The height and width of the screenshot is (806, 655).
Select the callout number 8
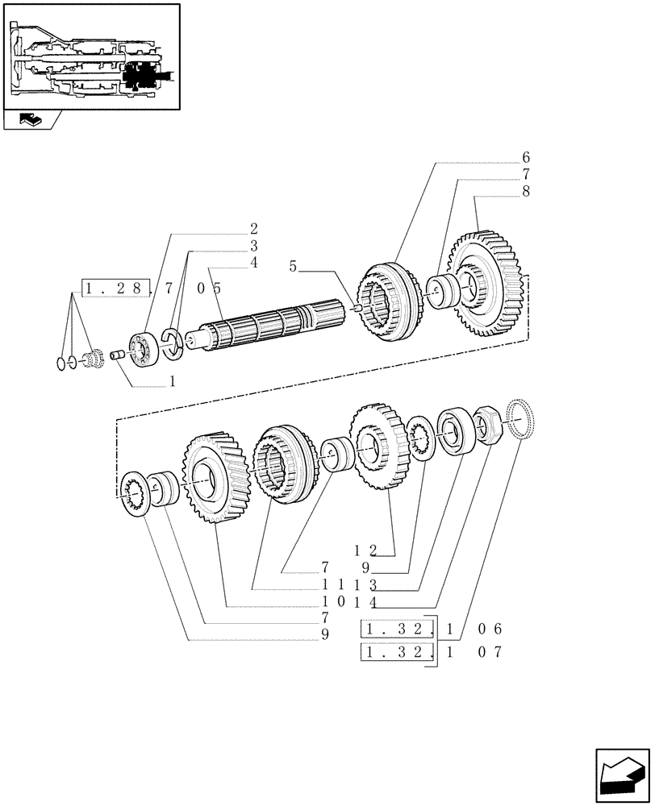click(x=526, y=192)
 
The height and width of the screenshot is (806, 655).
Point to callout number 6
click(x=526, y=156)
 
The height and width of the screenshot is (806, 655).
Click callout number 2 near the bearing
click(x=253, y=228)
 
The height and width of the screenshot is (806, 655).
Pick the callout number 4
click(x=253, y=262)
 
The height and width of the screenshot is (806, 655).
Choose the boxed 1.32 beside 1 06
click(x=394, y=629)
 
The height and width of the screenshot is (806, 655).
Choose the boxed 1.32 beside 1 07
click(x=394, y=652)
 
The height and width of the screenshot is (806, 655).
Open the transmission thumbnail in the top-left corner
click(x=90, y=56)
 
